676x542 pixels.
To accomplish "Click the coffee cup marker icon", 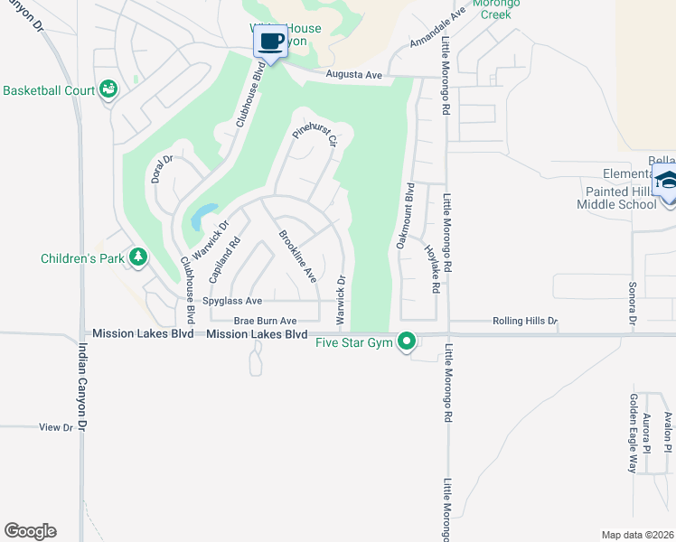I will point(270,41).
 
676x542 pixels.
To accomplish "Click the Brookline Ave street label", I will point(296,256).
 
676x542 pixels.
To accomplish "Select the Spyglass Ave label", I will point(232,301).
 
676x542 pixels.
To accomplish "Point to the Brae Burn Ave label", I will point(266,321).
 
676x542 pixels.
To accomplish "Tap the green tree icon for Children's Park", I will point(137,258).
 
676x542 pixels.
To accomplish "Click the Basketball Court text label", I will point(49,91).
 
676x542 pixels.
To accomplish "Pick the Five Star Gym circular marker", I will point(407,341).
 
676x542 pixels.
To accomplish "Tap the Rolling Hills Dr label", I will point(525,321).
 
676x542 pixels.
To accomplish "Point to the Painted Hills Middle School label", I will point(616,198).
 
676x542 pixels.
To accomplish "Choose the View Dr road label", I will point(55,427).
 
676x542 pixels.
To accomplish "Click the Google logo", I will point(30,531).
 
